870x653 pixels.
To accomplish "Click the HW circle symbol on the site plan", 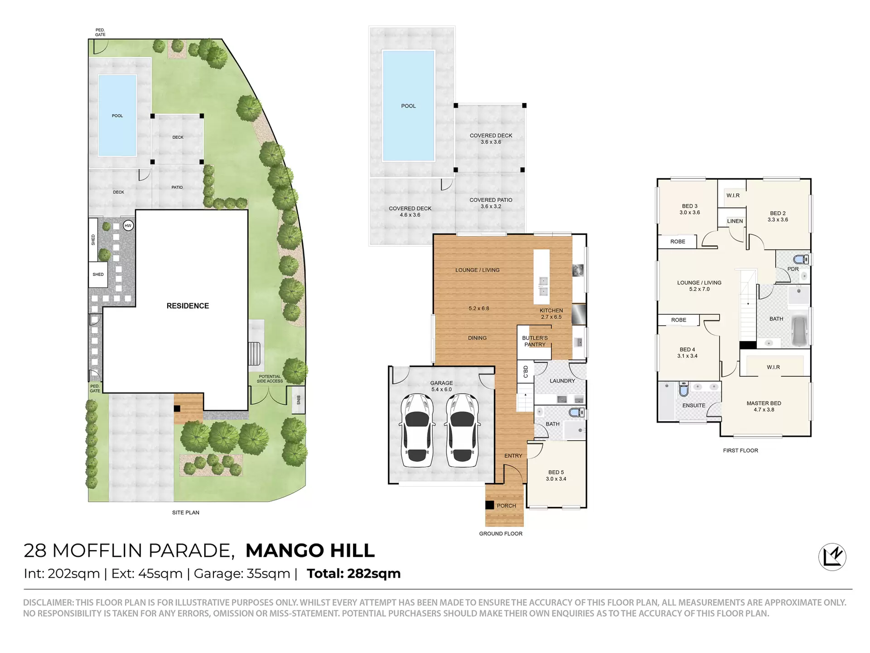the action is click(x=128, y=225).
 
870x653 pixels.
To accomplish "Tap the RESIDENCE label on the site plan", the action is click(x=188, y=306).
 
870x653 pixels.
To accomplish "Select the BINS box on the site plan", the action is click(x=298, y=400).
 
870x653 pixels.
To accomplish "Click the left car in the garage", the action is click(x=417, y=430).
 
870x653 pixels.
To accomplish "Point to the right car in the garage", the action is click(x=463, y=430).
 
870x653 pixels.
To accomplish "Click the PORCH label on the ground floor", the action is click(x=506, y=506).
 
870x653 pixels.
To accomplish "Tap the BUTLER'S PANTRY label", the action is click(x=535, y=341).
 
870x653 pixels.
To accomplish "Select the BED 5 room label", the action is click(x=556, y=475).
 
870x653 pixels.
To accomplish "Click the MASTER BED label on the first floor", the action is click(x=764, y=406).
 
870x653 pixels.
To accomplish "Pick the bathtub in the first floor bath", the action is click(x=799, y=331).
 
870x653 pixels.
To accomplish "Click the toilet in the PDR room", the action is click(x=801, y=259).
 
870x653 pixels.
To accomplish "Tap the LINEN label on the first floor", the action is click(x=735, y=221).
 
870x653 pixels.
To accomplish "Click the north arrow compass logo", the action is click(x=832, y=557).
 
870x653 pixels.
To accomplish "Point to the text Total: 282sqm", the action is click(x=354, y=574).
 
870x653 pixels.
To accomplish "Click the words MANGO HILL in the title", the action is click(x=310, y=551).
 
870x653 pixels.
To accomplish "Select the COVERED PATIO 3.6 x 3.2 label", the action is click(x=491, y=203).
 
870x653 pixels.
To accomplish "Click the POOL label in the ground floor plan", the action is click(x=408, y=106).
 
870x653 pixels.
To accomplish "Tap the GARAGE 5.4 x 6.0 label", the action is click(x=441, y=386).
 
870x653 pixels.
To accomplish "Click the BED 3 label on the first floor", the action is click(x=690, y=209).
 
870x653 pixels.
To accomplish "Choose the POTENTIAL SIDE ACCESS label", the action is click(x=270, y=379).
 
